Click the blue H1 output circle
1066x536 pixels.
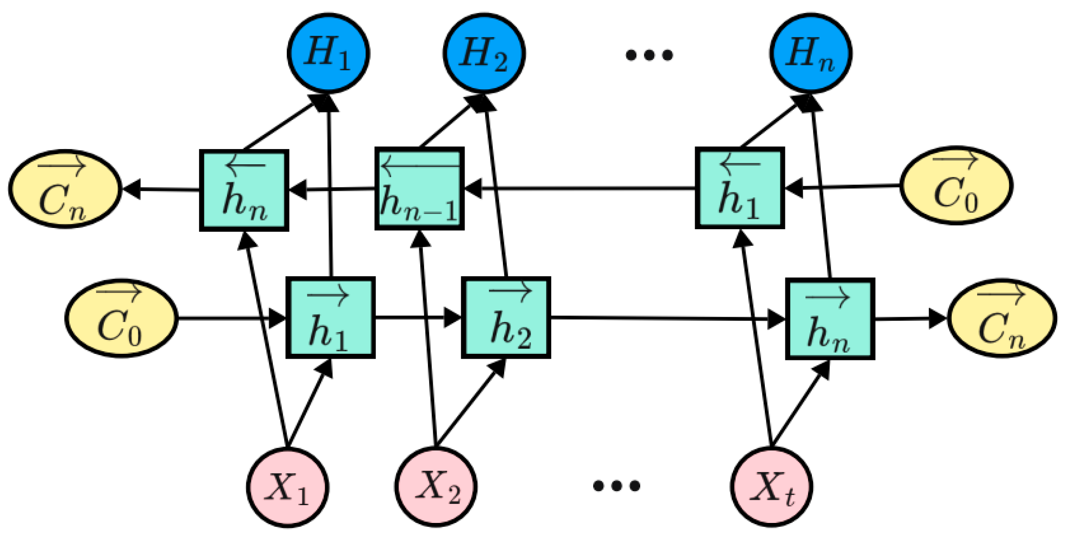point(329,53)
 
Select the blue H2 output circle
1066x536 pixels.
point(484,53)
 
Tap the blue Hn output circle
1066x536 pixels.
point(811,53)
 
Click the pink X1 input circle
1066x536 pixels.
point(288,487)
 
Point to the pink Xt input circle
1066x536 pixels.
point(771,487)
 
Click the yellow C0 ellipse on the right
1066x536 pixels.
point(956,186)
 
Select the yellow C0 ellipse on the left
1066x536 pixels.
point(122,318)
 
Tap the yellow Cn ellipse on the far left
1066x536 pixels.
point(65,189)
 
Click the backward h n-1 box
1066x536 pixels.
point(419,189)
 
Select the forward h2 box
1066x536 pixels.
point(506,318)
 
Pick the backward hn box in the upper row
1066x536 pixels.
point(244,190)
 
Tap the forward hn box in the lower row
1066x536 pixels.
point(830,319)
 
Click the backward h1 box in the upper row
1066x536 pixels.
point(740,188)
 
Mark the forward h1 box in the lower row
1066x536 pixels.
point(330,318)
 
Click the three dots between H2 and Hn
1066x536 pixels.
point(649,55)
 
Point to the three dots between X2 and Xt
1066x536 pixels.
point(616,485)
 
